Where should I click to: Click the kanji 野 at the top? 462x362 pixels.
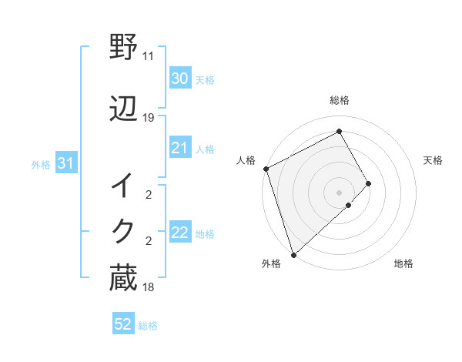[x=124, y=49]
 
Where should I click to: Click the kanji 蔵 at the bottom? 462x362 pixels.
[x=124, y=278]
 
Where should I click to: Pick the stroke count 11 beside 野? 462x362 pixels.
[x=149, y=56]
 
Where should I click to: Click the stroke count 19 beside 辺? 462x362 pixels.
[x=149, y=118]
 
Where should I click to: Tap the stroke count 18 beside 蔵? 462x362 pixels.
[x=149, y=287]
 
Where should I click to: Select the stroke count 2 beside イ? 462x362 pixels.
[x=149, y=196]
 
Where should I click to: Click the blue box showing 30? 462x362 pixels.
[x=179, y=79]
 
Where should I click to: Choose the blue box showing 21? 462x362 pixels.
[x=179, y=148]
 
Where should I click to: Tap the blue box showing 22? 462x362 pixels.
[x=179, y=233]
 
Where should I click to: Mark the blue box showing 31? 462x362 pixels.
[x=65, y=163]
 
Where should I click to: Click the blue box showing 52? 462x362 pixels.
[x=123, y=324]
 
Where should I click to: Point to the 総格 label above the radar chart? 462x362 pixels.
[x=340, y=100]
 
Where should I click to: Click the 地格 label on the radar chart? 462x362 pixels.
[x=403, y=264]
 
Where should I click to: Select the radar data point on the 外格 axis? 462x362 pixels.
[x=293, y=254]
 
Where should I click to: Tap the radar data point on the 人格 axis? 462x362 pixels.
[x=266, y=169]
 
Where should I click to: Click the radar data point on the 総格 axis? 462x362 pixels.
[x=340, y=131]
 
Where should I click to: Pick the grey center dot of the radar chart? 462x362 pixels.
[x=340, y=192]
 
